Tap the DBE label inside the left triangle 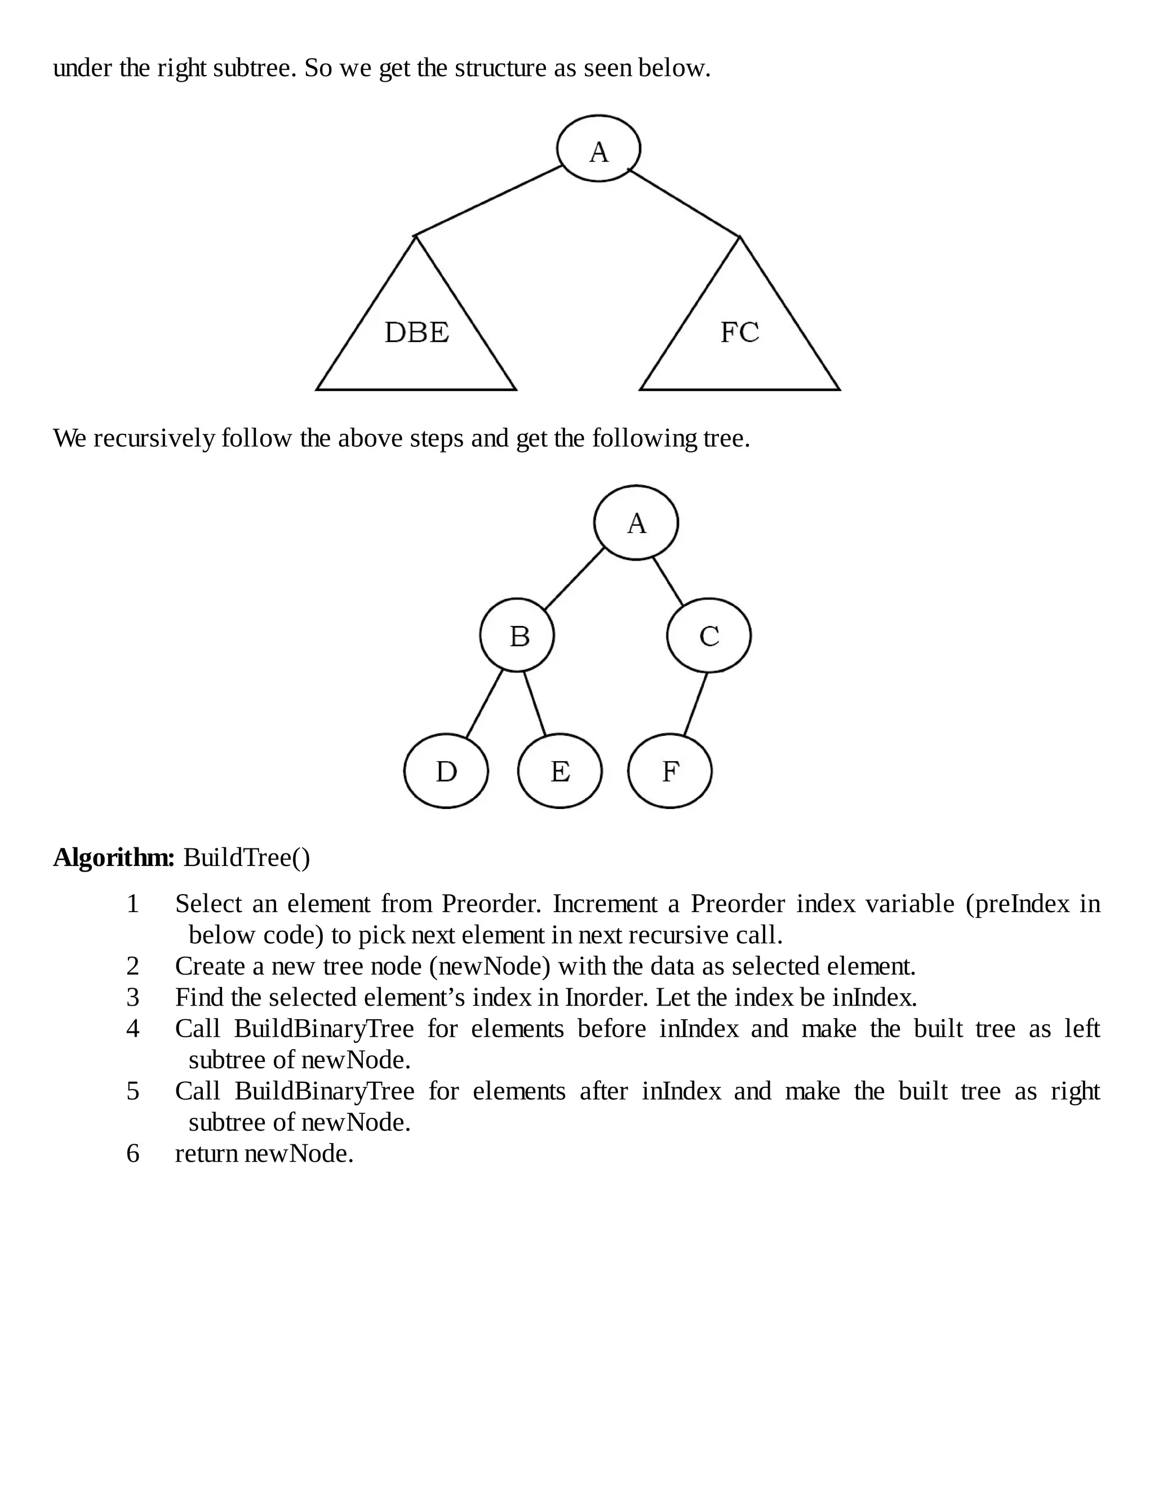416,333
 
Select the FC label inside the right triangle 740,333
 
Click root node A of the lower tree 636,523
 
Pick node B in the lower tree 517,636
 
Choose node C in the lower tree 709,636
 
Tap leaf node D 446,771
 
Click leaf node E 560,771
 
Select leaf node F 670,771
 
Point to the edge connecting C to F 695,704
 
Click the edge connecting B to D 484,704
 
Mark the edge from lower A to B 574,579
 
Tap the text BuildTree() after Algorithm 246,857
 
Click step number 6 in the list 132,1154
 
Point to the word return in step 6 206,1154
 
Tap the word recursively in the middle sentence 154,438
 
